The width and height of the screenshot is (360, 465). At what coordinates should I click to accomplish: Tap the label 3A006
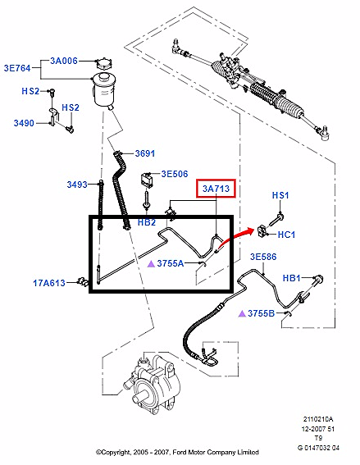click(65, 61)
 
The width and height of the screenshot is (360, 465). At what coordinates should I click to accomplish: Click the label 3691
click(144, 153)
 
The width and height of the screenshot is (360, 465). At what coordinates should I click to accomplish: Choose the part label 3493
click(78, 185)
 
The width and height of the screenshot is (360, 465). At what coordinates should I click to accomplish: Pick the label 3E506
click(175, 174)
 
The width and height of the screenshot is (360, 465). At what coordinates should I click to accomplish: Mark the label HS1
click(280, 195)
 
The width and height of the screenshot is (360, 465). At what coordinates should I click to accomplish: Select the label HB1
click(293, 278)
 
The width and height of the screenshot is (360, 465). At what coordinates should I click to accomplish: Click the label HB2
click(147, 222)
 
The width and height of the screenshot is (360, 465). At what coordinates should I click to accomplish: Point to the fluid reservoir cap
click(104, 64)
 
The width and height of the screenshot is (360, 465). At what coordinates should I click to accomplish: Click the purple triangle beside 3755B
click(242, 313)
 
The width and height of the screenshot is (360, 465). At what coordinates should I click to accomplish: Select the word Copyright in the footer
click(122, 452)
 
